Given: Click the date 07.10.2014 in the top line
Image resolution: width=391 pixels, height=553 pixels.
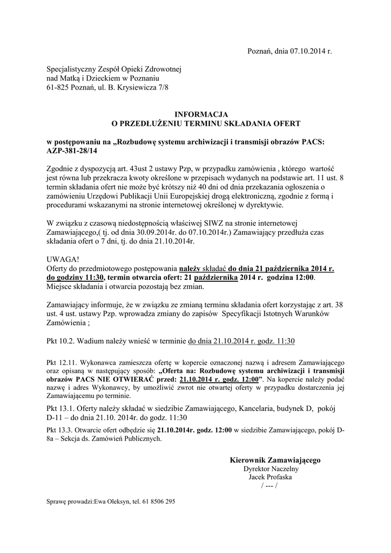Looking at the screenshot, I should pos(308,52).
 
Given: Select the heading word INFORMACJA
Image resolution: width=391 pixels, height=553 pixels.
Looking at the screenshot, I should pos(201,114).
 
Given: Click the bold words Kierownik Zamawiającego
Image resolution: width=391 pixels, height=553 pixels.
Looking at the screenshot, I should pos(275,460).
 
